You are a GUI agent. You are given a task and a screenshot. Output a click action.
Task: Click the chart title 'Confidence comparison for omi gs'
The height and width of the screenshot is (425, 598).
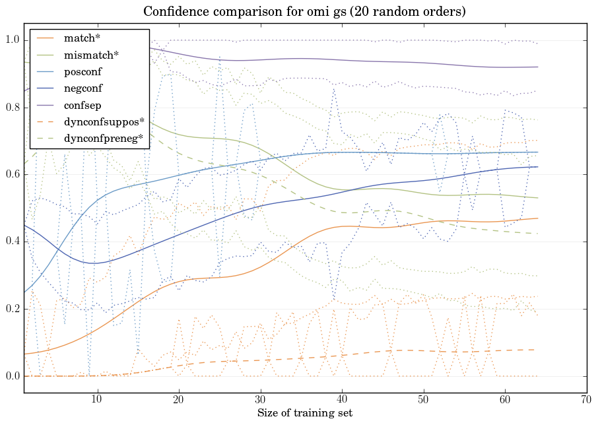(x=299, y=12)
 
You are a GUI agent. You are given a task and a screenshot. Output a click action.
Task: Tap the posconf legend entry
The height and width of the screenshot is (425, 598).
(x=83, y=71)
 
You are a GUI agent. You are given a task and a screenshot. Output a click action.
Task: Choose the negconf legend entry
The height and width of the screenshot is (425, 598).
(x=83, y=87)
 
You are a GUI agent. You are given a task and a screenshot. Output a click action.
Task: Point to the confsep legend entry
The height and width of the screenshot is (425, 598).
(x=82, y=104)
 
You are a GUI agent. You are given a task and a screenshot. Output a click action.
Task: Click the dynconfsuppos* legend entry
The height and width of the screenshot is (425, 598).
(x=104, y=121)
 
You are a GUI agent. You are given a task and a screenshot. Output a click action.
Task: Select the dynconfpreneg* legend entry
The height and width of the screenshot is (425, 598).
(x=104, y=138)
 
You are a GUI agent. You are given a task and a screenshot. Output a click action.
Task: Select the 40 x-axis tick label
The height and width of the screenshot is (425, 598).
(x=342, y=399)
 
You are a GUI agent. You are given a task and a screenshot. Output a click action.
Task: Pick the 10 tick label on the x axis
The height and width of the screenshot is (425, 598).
(x=97, y=399)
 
